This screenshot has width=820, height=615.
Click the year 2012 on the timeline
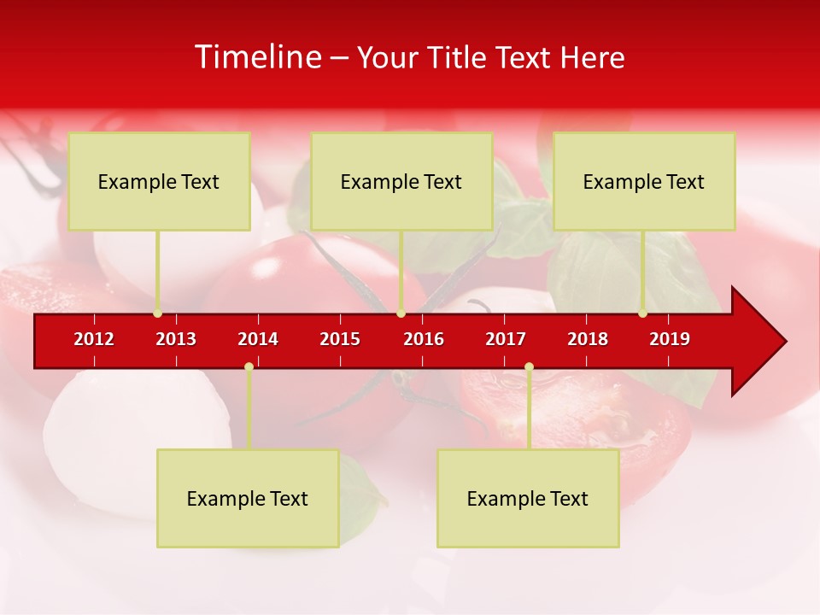pyautogui.click(x=94, y=339)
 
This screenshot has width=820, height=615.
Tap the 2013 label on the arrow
pyautogui.click(x=176, y=339)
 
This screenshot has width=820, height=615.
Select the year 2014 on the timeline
pyautogui.click(x=258, y=339)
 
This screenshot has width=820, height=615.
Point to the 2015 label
pyautogui.click(x=340, y=339)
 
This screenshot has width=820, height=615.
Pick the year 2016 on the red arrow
pyautogui.click(x=424, y=339)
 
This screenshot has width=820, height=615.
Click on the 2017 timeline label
pyautogui.click(x=506, y=339)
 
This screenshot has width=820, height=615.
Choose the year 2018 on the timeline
pyautogui.click(x=588, y=339)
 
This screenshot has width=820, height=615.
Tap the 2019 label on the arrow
pyautogui.click(x=670, y=339)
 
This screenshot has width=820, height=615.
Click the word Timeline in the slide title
pyautogui.click(x=257, y=57)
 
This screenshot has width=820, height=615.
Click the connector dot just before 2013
pyautogui.click(x=157, y=313)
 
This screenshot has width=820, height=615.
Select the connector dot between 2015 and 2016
pyautogui.click(x=401, y=313)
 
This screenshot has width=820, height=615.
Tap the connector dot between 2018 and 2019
pyautogui.click(x=642, y=313)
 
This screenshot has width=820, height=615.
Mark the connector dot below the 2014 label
pyautogui.click(x=249, y=367)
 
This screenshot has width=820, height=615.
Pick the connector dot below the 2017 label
pyautogui.click(x=529, y=367)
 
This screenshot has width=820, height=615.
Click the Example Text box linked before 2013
pyautogui.click(x=159, y=181)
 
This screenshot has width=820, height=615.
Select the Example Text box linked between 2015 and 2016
pyautogui.click(x=401, y=181)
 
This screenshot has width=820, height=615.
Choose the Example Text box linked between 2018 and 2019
pyautogui.click(x=644, y=181)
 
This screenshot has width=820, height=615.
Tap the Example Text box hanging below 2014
pyautogui.click(x=248, y=498)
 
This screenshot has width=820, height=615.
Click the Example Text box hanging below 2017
pyautogui.click(x=528, y=498)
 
